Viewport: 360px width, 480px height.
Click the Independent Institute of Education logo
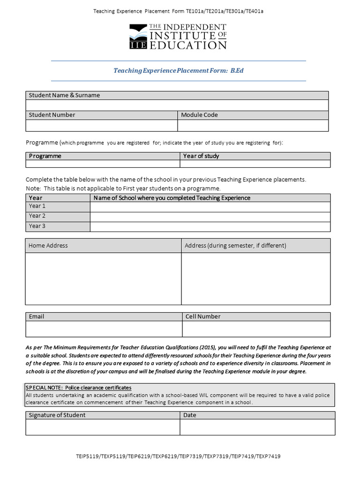pos(178,37)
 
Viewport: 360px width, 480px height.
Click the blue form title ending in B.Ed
pos(179,70)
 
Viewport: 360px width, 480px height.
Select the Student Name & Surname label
pos(64,95)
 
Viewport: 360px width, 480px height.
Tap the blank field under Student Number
pos(101,126)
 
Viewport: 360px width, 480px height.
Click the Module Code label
pos(199,115)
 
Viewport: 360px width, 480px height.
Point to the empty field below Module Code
pos(253,126)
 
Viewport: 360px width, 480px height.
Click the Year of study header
pos(201,156)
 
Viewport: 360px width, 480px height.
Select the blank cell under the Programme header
pos(103,164)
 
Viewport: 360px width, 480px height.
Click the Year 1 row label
pos(37,206)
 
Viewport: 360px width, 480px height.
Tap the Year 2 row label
pos(37,216)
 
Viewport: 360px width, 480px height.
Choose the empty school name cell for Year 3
pos(210,226)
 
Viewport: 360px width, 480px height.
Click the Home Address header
pos(48,246)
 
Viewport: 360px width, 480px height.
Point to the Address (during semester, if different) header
pos(235,246)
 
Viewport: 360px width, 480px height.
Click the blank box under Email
pos(104,329)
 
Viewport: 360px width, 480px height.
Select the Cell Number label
pos(203,316)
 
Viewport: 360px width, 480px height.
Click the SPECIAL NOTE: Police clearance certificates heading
pos(78,388)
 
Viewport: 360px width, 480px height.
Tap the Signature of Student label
pos(57,415)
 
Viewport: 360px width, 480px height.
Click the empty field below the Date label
pos(257,427)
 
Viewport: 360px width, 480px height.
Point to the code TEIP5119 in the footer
pos(88,456)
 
